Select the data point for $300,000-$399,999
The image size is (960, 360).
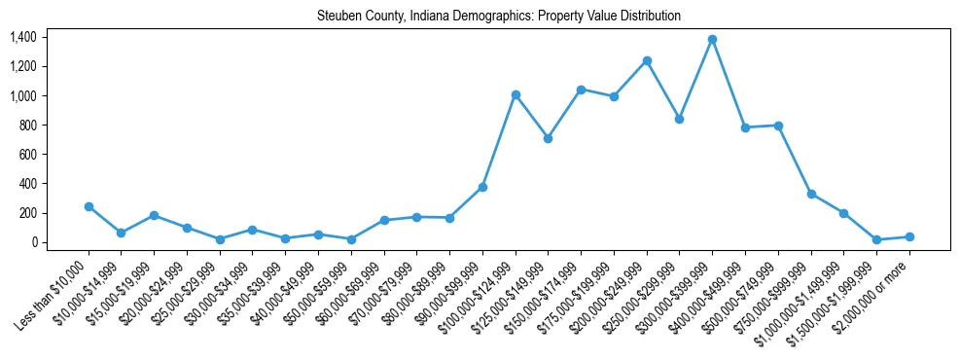click(713, 39)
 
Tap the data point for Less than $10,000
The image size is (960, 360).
click(89, 206)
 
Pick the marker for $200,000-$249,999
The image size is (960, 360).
click(647, 60)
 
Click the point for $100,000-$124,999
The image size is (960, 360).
click(516, 94)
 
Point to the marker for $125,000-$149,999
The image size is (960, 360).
click(549, 138)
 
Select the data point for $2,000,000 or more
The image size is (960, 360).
click(909, 236)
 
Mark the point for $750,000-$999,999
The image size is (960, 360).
click(811, 194)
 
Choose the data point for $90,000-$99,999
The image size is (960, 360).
click(482, 187)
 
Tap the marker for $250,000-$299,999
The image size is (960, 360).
click(680, 119)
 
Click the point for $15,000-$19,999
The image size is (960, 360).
click(155, 215)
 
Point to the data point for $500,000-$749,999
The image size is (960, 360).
click(778, 126)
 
